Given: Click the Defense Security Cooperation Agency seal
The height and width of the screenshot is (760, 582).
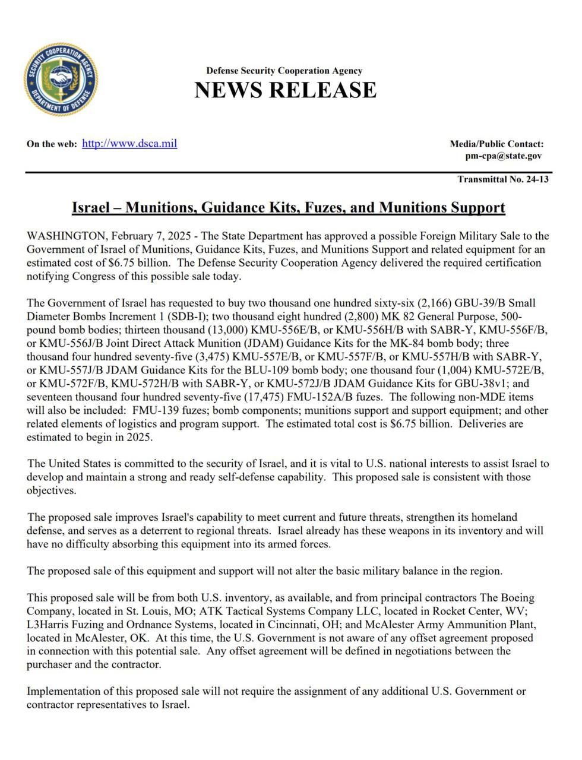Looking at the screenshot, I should tap(61, 79).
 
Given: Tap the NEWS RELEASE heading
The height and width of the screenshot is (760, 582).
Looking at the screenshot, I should tap(285, 90).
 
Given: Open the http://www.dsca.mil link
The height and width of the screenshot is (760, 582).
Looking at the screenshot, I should tap(129, 143).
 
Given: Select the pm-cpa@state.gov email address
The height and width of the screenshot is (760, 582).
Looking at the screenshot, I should tap(503, 156).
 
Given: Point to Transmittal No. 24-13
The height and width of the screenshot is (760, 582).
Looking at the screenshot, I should tap(503, 179).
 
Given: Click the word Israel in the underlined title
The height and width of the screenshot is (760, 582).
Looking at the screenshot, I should tap(91, 207).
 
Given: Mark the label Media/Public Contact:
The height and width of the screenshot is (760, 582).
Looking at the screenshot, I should tap(496, 144).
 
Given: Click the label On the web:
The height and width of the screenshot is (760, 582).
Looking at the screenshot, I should tap(52, 144).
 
